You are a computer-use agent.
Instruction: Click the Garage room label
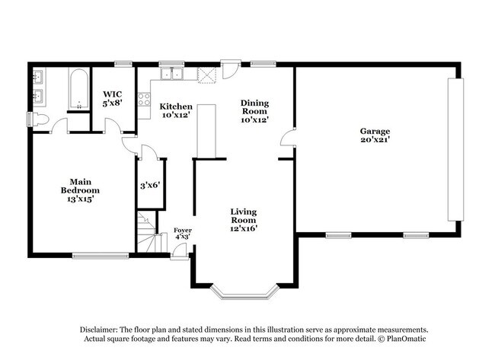pyautogui.click(x=375, y=135)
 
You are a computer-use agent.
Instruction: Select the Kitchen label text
pyautogui.click(x=176, y=111)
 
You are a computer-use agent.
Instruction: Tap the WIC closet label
pyautogui.click(x=113, y=99)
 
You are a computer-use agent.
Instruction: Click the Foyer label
pyautogui.click(x=182, y=233)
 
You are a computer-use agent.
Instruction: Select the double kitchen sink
pyautogui.click(x=174, y=74)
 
